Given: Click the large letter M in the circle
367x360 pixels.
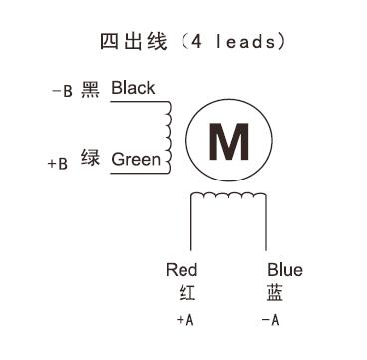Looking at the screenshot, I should tap(229, 142).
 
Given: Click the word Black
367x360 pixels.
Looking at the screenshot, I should tap(133, 88).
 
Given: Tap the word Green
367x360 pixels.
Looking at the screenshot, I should tap(135, 159).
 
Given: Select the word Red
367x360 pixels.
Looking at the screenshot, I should tap(182, 270).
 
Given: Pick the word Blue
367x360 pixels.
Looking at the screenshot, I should tap(284, 270).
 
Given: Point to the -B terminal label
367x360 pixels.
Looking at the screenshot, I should tap(61, 91).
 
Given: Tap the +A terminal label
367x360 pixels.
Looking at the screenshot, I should tap(184, 320).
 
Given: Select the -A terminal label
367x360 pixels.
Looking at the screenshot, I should tap(269, 320).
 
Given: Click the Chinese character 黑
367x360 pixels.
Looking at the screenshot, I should tap(91, 89).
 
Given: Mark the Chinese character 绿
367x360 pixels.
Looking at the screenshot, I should tap(91, 160).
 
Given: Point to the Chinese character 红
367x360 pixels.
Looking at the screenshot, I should tap(183, 293).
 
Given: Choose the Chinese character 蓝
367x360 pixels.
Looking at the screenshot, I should tap(274, 293).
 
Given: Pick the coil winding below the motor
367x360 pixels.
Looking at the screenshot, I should tap(229, 199).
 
